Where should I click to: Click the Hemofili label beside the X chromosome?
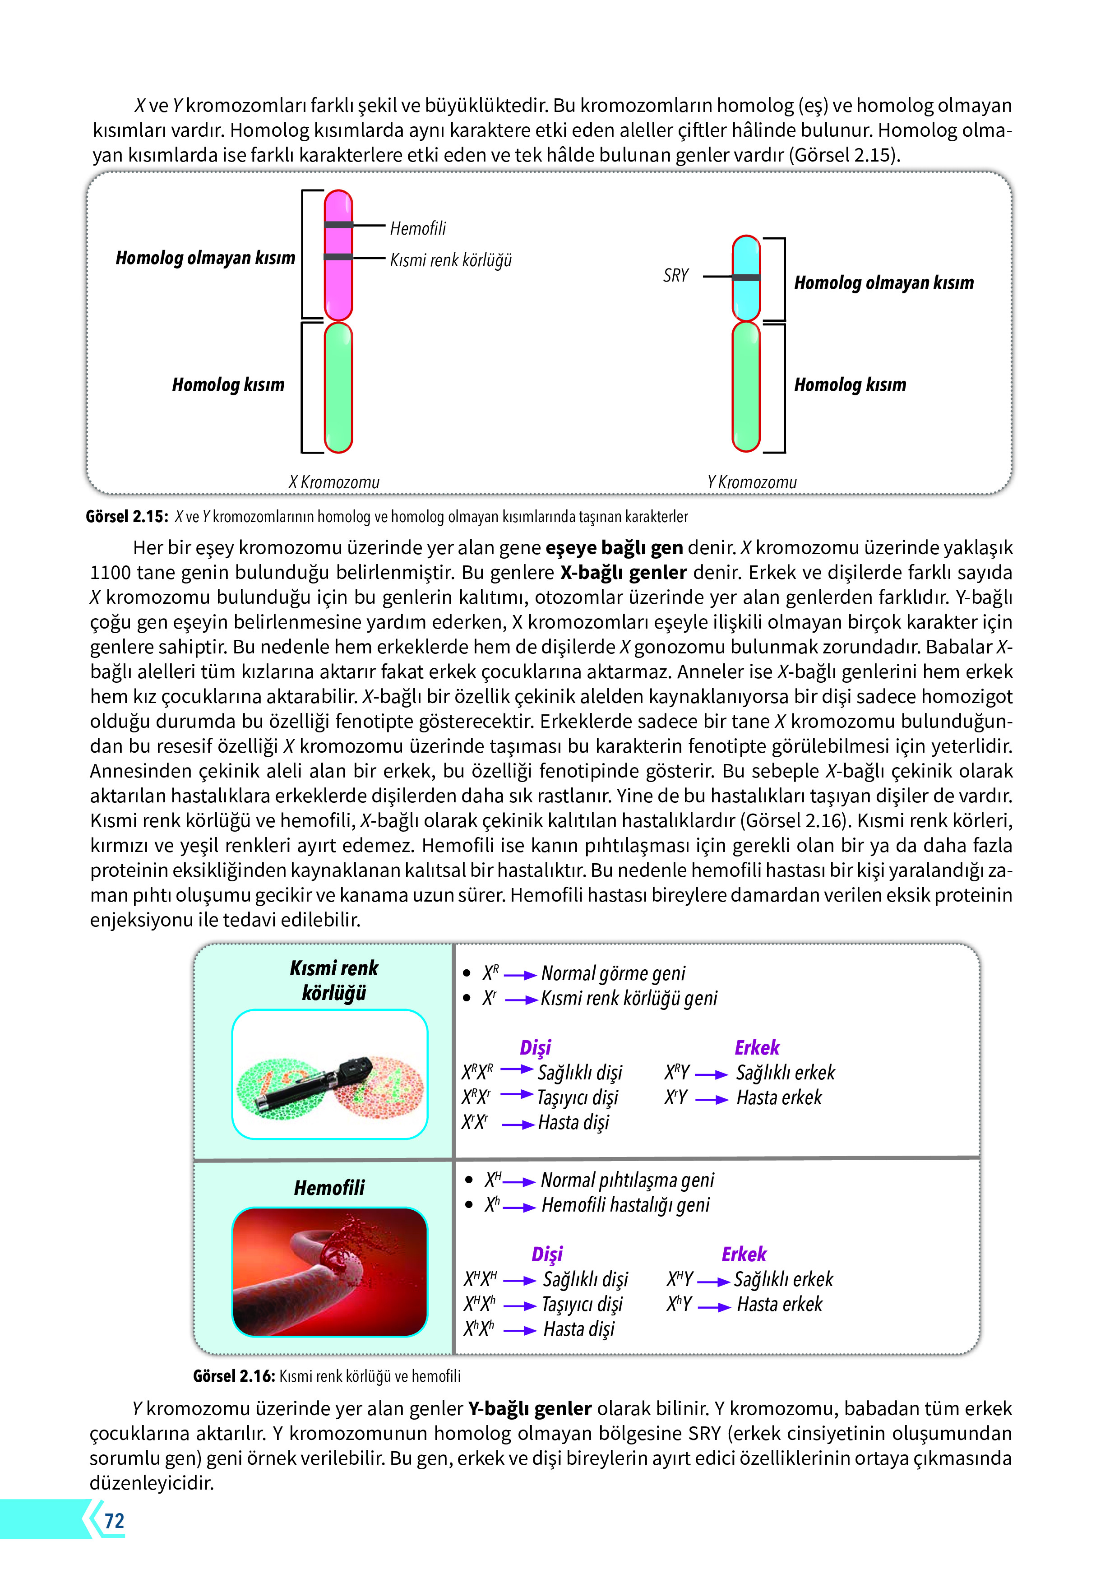click(x=418, y=228)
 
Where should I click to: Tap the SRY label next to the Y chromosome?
click(x=675, y=276)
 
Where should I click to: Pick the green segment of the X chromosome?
click(x=338, y=388)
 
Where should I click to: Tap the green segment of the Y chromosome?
click(x=746, y=388)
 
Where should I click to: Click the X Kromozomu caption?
click(x=334, y=482)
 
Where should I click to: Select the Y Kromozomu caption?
click(x=752, y=482)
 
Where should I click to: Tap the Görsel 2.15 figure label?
click(x=127, y=516)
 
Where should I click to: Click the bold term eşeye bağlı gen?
click(x=614, y=547)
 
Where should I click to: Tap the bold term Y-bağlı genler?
click(x=530, y=1408)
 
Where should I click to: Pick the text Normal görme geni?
click(x=613, y=973)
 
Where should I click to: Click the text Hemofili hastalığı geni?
click(x=625, y=1204)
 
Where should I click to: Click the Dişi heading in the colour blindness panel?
click(x=535, y=1047)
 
